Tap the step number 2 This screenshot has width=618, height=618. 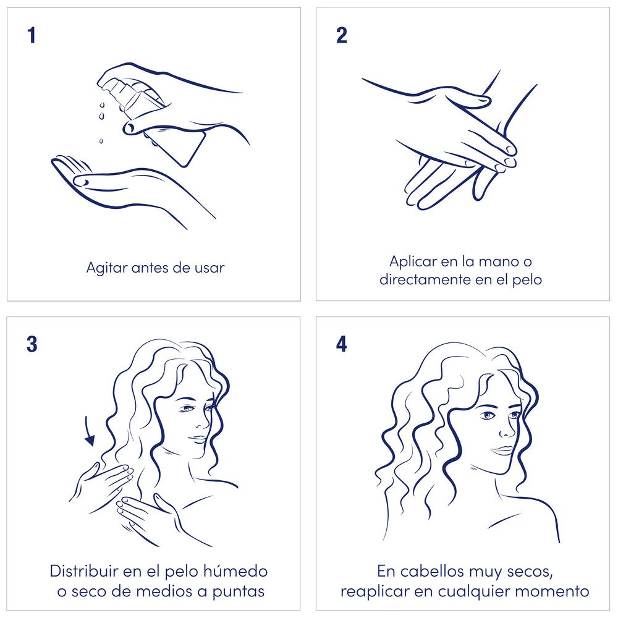click(x=342, y=35)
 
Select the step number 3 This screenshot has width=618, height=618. click(x=32, y=344)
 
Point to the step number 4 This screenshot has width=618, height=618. click(x=342, y=344)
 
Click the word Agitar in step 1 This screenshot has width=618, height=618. click(x=106, y=268)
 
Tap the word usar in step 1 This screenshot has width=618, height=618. click(x=210, y=268)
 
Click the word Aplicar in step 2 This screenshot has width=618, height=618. click(x=413, y=261)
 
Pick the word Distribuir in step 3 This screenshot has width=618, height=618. click(x=84, y=571)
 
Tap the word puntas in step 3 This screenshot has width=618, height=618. click(x=239, y=591)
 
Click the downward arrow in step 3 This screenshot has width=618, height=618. click(x=89, y=431)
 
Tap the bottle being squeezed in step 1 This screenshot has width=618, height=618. click(x=154, y=118)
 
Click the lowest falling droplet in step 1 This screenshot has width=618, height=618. click(x=101, y=141)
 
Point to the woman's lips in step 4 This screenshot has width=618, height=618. click(x=501, y=450)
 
